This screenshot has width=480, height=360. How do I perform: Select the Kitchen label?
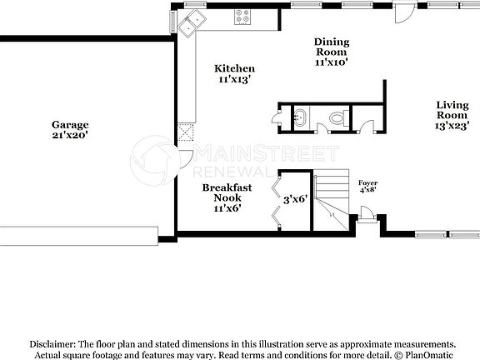pos(234,68)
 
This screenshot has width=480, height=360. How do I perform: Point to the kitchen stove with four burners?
pos(243,14)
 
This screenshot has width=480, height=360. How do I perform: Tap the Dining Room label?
pos(331,47)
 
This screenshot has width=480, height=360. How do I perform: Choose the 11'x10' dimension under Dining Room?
pos(331,62)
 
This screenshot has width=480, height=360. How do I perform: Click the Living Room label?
pos(452,110)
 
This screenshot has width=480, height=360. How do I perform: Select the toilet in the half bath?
pos(336,119)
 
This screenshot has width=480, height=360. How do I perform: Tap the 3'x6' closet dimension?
pos(295,199)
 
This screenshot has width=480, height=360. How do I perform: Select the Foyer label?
pos(367,182)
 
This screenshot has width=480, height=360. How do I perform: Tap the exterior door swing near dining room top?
pos(403,12)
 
